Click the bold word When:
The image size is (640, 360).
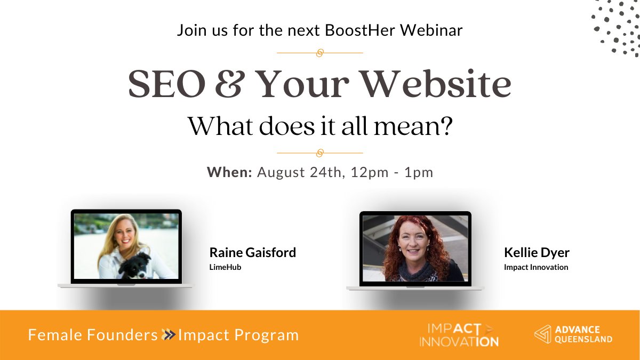tap(229, 172)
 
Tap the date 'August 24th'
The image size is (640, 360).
tap(301, 172)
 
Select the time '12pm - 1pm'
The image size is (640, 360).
tap(391, 172)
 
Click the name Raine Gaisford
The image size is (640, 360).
tap(252, 252)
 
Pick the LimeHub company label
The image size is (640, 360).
tap(225, 267)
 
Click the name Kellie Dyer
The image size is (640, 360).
tap(537, 252)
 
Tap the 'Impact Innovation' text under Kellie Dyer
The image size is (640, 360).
tap(535, 267)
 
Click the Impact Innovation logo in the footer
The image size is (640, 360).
tap(459, 335)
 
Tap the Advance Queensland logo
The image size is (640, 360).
tap(573, 334)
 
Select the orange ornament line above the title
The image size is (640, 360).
tap(320, 53)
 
